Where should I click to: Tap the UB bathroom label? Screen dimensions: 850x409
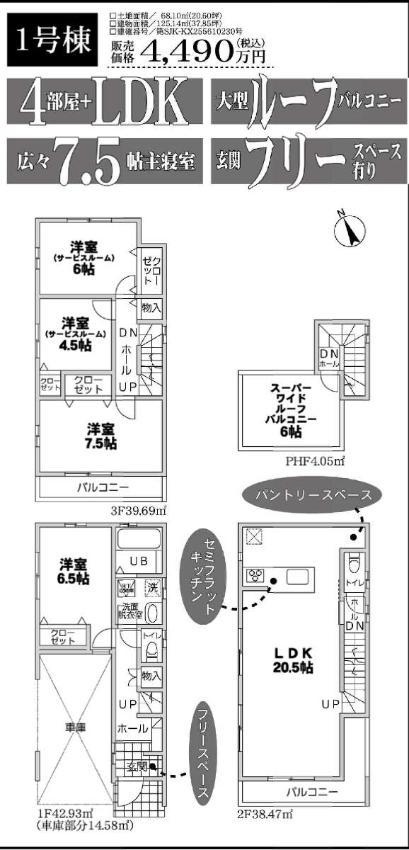click(x=138, y=561)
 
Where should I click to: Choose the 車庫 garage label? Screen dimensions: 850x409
click(x=74, y=726)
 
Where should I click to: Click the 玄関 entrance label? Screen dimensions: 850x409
click(x=137, y=766)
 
